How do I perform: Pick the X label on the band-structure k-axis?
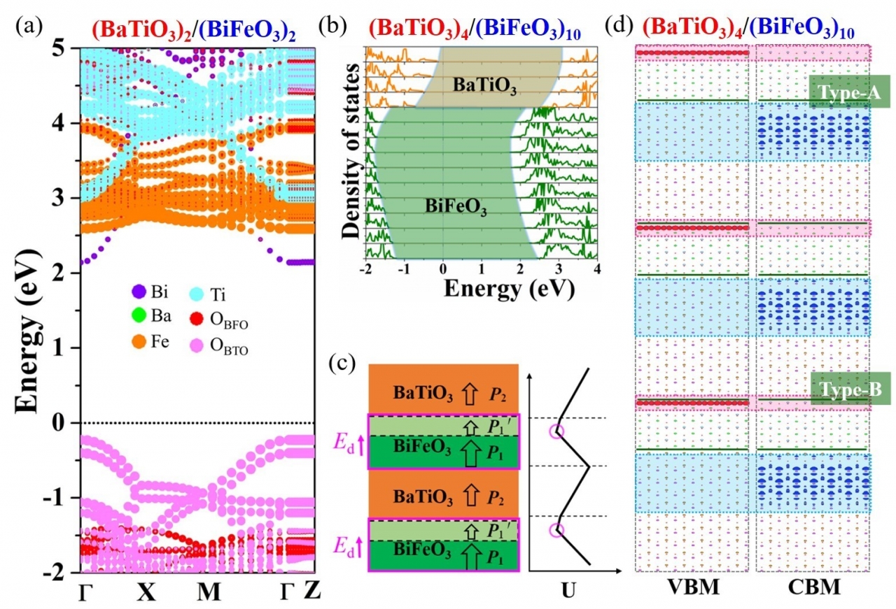146,592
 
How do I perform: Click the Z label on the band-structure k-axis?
312,592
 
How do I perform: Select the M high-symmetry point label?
208,592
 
